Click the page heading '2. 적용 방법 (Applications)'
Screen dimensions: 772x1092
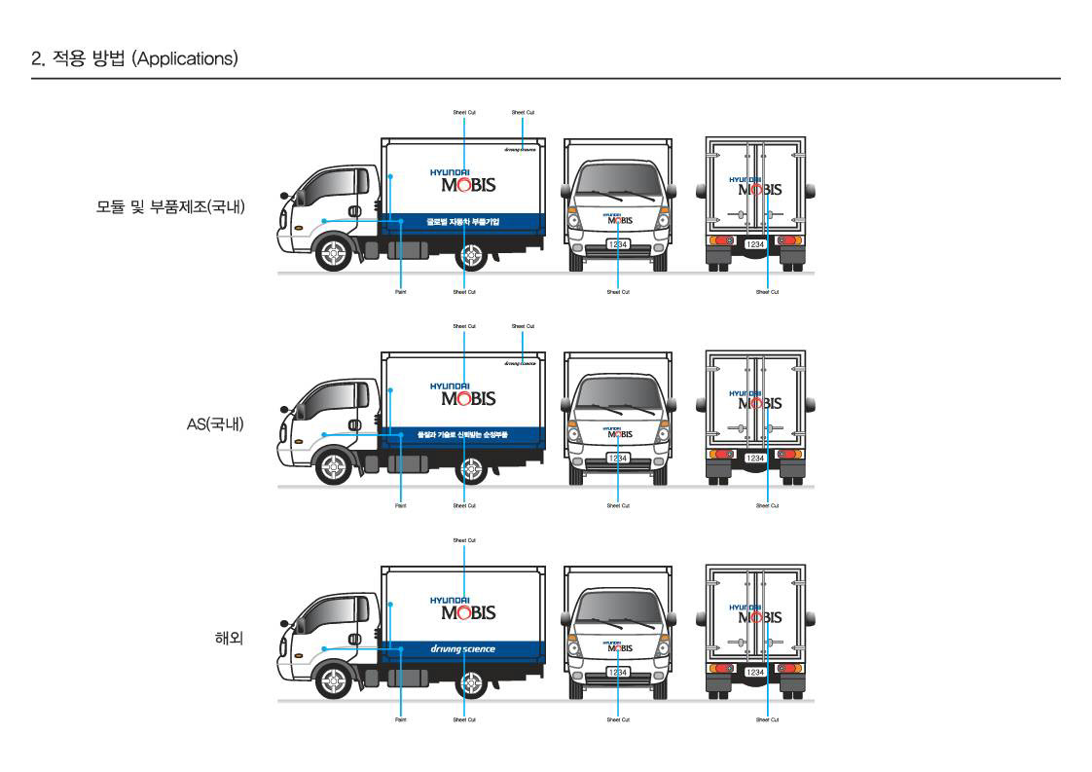point(134,57)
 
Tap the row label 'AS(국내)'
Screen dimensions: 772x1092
point(215,424)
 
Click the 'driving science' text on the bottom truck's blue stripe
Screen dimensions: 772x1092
point(462,649)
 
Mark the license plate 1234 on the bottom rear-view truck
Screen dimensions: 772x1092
point(755,672)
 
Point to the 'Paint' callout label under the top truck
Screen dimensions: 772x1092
point(400,292)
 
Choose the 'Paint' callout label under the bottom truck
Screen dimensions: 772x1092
point(400,719)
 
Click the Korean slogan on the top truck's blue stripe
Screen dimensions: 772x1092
point(462,221)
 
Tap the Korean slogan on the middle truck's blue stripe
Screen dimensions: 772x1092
point(462,435)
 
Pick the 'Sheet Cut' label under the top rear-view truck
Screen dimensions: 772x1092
point(768,292)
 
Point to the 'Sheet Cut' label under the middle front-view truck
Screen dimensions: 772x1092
point(618,505)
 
